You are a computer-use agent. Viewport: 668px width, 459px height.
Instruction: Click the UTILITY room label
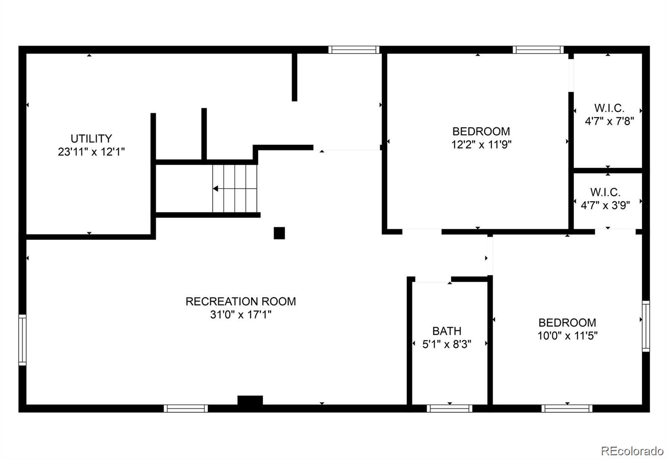coord(91,138)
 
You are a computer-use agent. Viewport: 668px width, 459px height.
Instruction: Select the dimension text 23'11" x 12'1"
coord(91,152)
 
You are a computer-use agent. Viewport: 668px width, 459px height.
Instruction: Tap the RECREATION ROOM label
coord(240,301)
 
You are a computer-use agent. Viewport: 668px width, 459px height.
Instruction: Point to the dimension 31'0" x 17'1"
coord(240,315)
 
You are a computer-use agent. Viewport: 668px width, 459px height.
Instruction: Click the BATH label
coord(447,331)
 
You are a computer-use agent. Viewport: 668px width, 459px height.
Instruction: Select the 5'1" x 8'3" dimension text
coord(447,344)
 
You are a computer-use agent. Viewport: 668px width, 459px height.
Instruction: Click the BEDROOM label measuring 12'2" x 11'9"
coord(481,131)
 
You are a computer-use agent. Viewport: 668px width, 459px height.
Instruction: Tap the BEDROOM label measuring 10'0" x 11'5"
coord(567,323)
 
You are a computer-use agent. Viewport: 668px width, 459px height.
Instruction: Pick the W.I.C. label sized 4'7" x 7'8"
coord(609,108)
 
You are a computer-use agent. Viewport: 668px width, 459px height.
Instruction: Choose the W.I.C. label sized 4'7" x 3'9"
coord(605,192)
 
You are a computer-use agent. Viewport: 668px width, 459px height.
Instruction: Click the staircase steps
coord(235,189)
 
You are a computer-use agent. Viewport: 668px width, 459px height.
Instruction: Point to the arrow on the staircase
coord(216,189)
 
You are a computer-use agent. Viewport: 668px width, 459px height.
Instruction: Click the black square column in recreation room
coord(279,233)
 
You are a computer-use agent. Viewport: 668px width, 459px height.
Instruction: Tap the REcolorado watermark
coord(632,451)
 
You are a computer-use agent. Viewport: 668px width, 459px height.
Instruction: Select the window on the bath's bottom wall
coord(449,408)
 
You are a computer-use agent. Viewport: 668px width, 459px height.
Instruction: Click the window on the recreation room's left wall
coord(22,340)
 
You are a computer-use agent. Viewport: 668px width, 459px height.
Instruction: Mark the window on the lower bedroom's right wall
coord(645,326)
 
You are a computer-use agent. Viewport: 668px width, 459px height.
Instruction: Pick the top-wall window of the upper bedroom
coord(538,50)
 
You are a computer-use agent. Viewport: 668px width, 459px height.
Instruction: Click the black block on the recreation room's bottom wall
coord(250,400)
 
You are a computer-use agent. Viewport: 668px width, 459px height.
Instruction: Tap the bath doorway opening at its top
coord(433,279)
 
